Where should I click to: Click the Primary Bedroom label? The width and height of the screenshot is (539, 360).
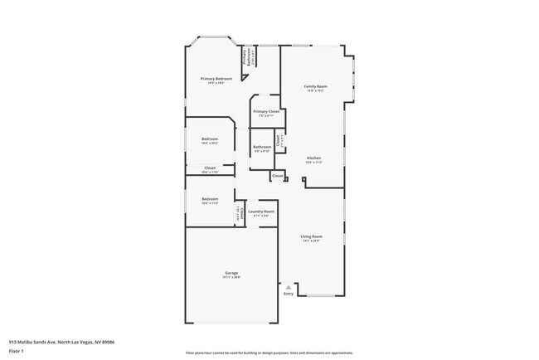point(215,79)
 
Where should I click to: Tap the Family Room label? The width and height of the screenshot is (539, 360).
point(315,86)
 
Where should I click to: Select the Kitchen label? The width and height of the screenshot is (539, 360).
point(314,158)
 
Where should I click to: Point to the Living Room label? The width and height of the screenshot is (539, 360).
point(312,236)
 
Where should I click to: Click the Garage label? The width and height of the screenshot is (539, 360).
point(231,273)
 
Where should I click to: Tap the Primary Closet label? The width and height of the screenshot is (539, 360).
point(266,111)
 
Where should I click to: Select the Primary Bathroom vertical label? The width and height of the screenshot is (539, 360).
point(245,56)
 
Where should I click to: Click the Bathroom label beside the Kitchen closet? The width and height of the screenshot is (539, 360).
point(262,147)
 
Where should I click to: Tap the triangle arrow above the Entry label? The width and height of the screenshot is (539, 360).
point(289,287)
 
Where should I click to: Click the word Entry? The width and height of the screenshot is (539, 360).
point(289,294)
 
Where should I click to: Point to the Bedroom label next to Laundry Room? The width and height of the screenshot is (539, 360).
point(210,199)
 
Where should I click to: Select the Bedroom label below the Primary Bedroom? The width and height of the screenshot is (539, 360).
point(210,139)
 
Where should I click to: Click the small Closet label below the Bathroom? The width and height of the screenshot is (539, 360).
point(278,176)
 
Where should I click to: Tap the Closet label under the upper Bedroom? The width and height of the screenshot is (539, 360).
point(210,168)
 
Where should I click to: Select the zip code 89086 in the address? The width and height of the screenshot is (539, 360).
point(108,342)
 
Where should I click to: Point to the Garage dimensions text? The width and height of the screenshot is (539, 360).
point(231,277)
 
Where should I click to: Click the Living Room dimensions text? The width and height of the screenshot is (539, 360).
point(312,241)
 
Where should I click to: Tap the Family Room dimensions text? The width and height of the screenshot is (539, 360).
point(315,90)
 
